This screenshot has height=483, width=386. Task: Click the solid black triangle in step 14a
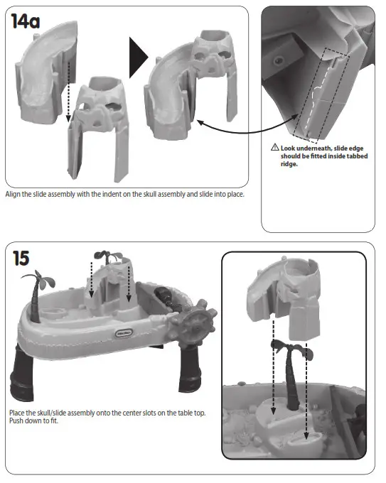click(137, 58)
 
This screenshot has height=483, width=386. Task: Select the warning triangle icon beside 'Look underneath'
click(275, 147)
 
